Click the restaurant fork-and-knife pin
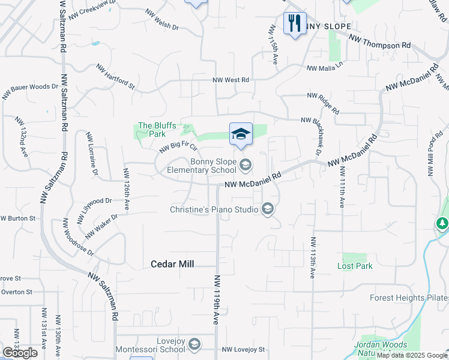click(x=294, y=25)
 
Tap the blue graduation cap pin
click(x=241, y=134)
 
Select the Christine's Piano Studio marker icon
click(x=268, y=209)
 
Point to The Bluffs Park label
click(x=157, y=130)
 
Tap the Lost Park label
click(x=355, y=266)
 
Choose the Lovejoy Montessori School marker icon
click(x=194, y=344)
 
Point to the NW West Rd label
click(x=231, y=80)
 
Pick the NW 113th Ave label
click(x=313, y=257)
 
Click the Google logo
click(x=19, y=352)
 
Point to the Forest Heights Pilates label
click(x=409, y=298)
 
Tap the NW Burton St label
click(x=17, y=218)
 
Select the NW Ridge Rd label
click(x=323, y=103)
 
